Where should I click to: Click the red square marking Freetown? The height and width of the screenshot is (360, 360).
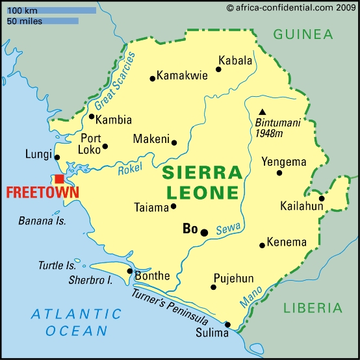[x=59, y=179]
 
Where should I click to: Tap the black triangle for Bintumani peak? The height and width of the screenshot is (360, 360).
[x=262, y=112]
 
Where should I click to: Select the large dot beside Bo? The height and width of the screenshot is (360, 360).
[x=204, y=232]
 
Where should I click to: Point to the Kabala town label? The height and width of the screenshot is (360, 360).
[x=235, y=60]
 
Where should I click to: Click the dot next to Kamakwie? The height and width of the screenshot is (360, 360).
[x=153, y=79]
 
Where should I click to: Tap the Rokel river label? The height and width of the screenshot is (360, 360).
[x=130, y=170]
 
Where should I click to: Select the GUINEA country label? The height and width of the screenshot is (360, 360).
[x=303, y=34]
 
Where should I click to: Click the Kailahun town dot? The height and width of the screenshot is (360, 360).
[x=322, y=198]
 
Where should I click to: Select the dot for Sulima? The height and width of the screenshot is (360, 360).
[x=227, y=324]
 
